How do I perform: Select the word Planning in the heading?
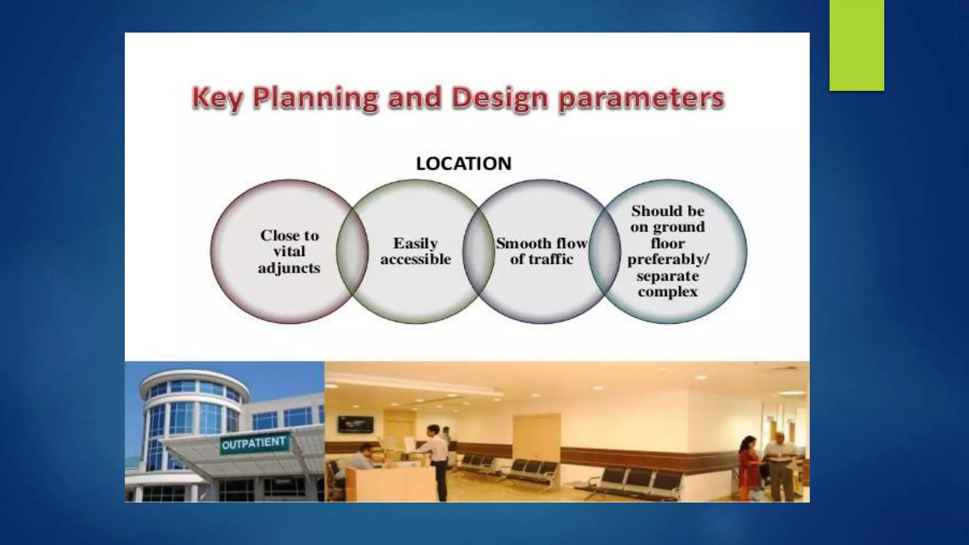coord(315,98)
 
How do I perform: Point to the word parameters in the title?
coord(641,98)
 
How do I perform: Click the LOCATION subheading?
coord(464,164)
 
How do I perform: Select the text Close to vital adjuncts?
coord(289,252)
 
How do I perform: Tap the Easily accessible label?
coord(415,251)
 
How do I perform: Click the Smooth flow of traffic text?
coord(541,251)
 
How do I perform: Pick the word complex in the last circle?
coord(668,292)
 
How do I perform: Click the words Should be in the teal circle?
coord(668,211)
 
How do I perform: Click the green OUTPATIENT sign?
coord(254,444)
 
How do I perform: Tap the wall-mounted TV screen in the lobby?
coord(355,424)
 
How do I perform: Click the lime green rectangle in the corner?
coord(856,45)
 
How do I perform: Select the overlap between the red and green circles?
coord(352,252)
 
